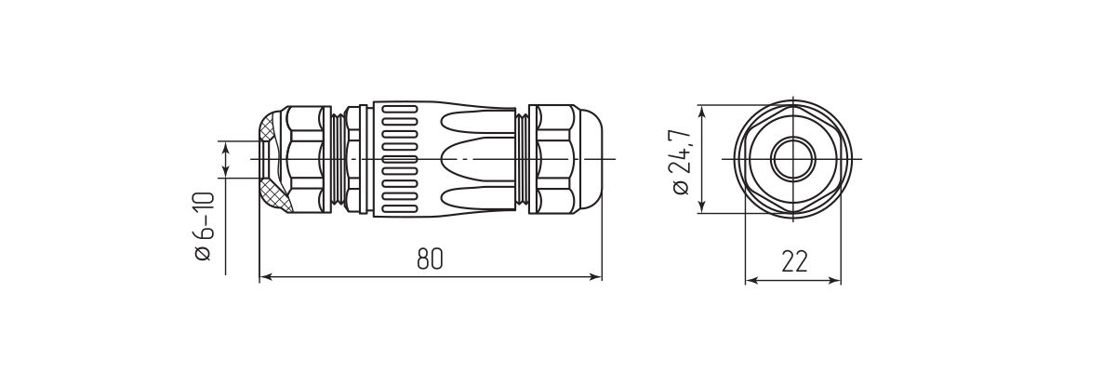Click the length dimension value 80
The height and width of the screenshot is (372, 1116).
(x=429, y=260)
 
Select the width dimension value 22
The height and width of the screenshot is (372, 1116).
(x=793, y=261)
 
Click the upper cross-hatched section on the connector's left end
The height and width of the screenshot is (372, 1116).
(x=269, y=126)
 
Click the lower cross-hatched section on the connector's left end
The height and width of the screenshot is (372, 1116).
(x=274, y=198)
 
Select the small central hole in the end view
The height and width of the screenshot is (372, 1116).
(x=793, y=160)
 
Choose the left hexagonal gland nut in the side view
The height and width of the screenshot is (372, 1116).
(x=304, y=160)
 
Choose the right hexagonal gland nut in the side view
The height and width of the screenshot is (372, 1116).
(x=555, y=160)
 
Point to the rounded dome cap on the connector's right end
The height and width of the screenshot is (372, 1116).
(x=589, y=160)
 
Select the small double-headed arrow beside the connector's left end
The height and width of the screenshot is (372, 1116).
(x=227, y=159)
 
